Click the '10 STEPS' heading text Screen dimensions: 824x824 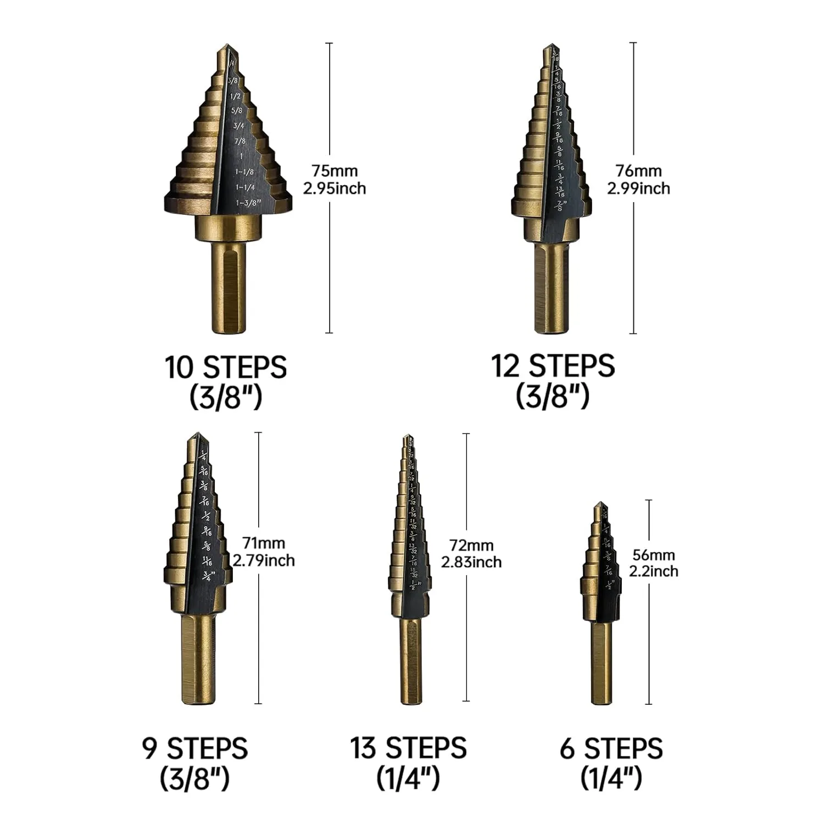click(x=226, y=368)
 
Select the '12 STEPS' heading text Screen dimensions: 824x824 click(x=552, y=366)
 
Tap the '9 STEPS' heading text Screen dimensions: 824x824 click(x=195, y=748)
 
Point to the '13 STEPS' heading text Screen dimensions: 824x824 click(x=408, y=748)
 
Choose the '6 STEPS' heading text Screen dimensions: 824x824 click(x=611, y=749)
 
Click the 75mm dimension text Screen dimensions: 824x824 click(x=335, y=171)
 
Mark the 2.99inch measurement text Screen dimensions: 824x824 click(x=638, y=188)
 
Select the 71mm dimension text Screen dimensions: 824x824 click(x=264, y=543)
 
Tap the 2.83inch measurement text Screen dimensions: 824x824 click(x=471, y=563)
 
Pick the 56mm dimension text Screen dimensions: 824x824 click(x=654, y=555)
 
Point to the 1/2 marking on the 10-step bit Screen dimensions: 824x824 click(x=235, y=96)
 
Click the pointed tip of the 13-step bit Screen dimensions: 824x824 click(x=407, y=438)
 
